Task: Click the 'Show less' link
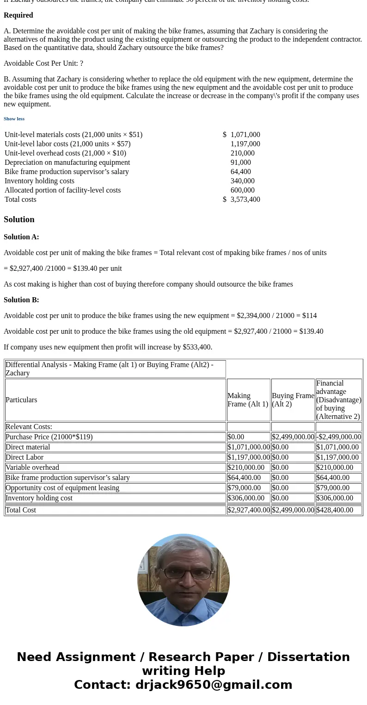coord(14,119)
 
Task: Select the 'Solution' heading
coord(19,219)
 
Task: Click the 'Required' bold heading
coord(18,15)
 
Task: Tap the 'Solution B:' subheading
coord(21,300)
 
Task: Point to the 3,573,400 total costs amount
coord(245,200)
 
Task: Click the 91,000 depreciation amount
coord(240,162)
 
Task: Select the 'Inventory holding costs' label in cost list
coord(39,181)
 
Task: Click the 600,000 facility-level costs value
coord(242,190)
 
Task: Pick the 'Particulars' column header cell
coord(21,400)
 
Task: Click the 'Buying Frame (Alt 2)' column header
coord(293,400)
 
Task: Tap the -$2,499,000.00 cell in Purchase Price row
coord(338,437)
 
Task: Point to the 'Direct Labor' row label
coord(24,457)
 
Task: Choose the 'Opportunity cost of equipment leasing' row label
coord(62,488)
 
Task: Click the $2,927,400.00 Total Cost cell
coord(248,510)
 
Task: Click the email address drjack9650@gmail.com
coord(214,685)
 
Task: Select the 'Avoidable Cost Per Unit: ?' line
coord(43,63)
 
